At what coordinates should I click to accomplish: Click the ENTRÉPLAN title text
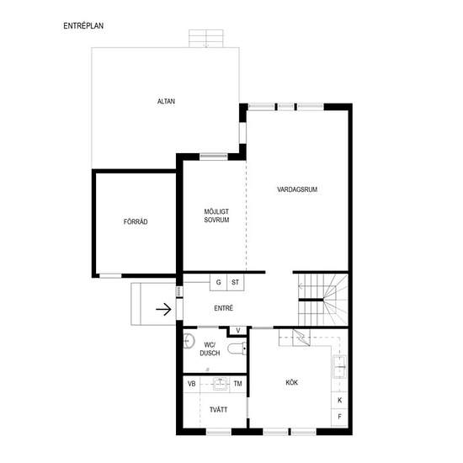point(83,26)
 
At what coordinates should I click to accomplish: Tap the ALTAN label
point(166,102)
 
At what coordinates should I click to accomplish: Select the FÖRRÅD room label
point(136,221)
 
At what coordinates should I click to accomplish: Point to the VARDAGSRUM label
point(297,189)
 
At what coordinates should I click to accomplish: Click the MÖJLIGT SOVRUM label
point(216,216)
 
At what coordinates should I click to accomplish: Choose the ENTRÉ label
point(224,308)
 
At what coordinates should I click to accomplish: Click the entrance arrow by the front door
point(163,310)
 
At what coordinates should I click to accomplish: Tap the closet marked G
point(218,282)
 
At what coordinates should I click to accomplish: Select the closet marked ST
point(236,282)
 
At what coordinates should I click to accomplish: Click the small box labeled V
point(238,331)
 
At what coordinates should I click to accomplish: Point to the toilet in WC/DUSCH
point(237,349)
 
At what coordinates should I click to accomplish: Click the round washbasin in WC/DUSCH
point(189,341)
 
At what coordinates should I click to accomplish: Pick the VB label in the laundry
point(192,384)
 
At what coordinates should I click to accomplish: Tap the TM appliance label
point(237,384)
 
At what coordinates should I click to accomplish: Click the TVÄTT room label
point(219,410)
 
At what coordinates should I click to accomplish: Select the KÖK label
point(292,383)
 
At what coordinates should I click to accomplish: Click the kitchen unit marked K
point(339,401)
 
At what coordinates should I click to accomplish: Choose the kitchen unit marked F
point(339,417)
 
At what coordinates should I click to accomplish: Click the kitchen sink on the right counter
point(339,367)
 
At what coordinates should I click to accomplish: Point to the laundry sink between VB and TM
point(221,384)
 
